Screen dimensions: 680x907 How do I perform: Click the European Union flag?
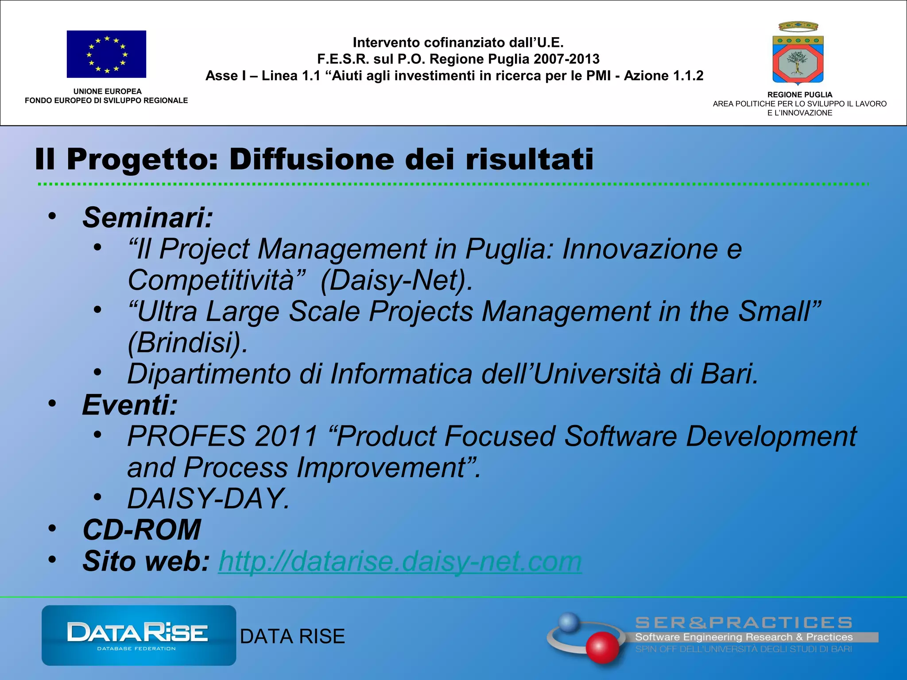[106, 54]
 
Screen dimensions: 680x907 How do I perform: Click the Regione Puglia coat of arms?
[798, 54]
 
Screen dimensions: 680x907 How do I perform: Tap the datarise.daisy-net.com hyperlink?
[399, 561]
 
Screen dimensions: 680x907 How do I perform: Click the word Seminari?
[147, 218]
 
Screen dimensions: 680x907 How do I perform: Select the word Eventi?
[129, 405]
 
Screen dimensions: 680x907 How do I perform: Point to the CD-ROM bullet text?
[142, 530]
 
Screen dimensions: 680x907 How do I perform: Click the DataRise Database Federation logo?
[139, 635]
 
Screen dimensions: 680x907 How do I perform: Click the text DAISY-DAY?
[208, 499]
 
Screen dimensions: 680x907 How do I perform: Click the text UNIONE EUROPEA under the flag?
[107, 91]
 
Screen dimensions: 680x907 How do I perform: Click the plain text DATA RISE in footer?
[292, 637]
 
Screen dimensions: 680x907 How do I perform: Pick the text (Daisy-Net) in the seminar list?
[396, 281]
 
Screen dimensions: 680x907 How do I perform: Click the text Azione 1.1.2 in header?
[663, 76]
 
